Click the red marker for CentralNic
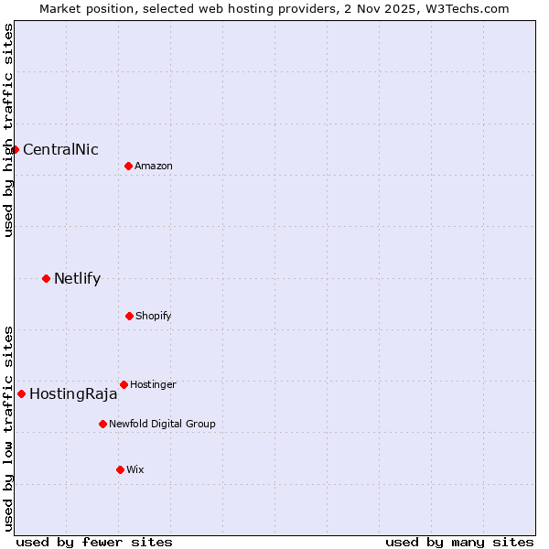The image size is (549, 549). point(16,149)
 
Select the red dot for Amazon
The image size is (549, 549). point(128,166)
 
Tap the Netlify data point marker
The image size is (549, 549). point(46,278)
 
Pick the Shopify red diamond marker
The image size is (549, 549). point(129,316)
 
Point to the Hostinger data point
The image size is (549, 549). point(124,384)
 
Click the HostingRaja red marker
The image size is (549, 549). point(21,393)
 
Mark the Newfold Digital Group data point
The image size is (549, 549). point(102,424)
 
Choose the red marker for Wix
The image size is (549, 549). point(120,469)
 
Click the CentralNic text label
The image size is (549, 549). point(60,150)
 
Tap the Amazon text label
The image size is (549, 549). point(154,167)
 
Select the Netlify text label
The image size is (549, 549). point(77,279)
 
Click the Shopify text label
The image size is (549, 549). point(154,317)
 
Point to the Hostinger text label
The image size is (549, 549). point(153,385)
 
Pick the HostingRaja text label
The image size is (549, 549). point(73,394)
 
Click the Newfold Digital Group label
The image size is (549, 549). point(162,425)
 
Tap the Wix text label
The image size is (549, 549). point(135,470)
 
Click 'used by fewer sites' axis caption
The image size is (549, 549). point(94,542)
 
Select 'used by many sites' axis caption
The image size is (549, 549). point(459,542)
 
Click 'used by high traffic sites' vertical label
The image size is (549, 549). point(8,130)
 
